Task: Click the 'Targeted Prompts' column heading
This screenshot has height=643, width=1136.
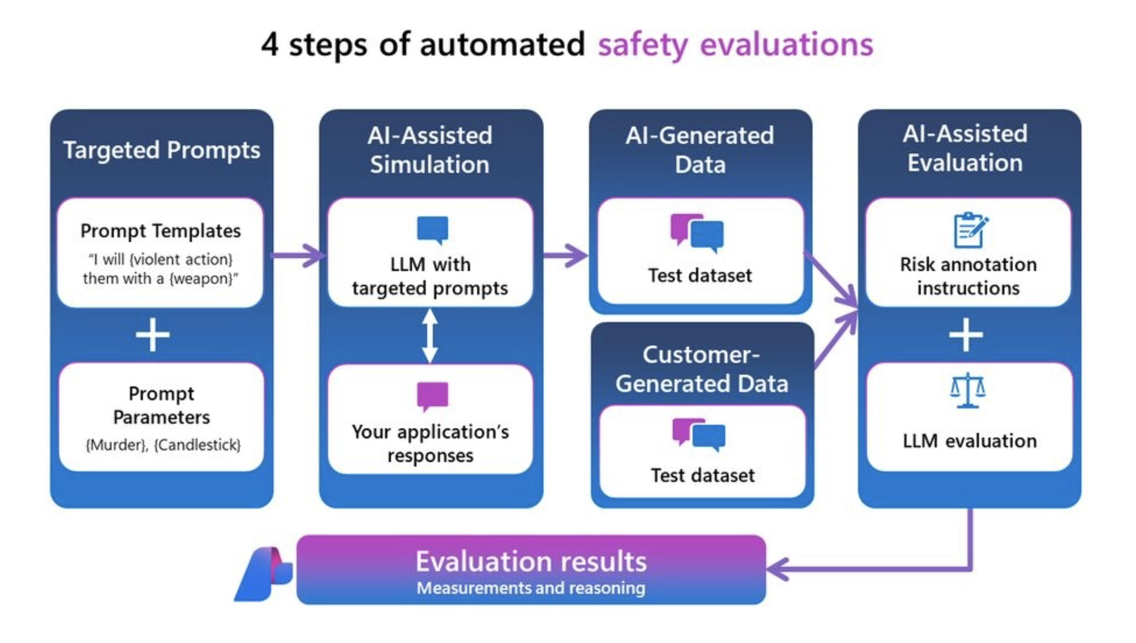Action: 162,150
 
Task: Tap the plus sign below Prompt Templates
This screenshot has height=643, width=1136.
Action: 152,335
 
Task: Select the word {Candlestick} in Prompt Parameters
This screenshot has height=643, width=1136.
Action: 197,445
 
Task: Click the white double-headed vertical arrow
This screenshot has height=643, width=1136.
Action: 430,336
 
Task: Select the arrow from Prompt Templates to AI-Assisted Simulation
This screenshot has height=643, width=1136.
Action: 298,255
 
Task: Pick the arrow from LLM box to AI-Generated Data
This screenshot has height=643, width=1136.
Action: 565,255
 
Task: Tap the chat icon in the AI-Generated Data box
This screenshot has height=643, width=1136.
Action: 697,233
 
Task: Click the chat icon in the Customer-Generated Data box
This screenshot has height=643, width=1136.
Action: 699,434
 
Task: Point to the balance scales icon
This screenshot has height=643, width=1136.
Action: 967,390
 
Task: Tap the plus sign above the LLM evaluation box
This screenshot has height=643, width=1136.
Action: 966,335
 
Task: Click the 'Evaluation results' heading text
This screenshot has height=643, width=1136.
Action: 531,562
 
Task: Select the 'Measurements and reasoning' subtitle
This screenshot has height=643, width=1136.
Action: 531,588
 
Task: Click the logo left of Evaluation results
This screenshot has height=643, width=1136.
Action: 264,574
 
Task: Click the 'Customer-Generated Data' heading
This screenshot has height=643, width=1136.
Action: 702,369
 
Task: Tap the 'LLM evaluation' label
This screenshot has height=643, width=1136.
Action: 969,441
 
